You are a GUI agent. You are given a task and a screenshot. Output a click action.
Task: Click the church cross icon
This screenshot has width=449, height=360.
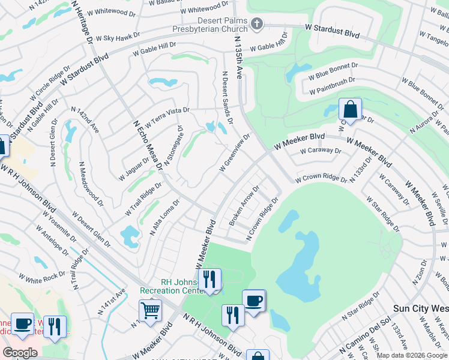click(257, 24)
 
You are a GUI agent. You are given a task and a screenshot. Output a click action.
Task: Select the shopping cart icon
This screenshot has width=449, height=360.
click(150, 311)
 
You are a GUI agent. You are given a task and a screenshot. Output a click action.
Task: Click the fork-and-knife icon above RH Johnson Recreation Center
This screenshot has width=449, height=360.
click(209, 279)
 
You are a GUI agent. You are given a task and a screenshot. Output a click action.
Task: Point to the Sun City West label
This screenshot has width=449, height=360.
click(420, 308)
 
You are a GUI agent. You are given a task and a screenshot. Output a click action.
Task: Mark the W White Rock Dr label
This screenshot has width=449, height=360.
click(41, 277)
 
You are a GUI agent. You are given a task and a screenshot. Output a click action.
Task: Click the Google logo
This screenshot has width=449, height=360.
click(20, 353)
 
